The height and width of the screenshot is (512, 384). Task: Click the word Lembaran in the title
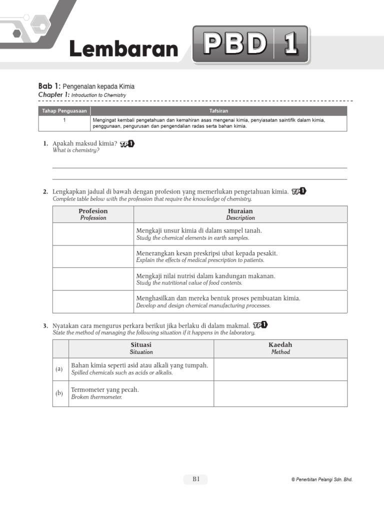coord(123,49)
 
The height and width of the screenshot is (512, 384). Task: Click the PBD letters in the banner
coord(234,45)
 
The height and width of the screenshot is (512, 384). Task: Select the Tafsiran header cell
coord(218,110)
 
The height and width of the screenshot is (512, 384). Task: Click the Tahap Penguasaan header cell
coord(64,110)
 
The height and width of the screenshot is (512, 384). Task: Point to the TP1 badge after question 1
coord(127,144)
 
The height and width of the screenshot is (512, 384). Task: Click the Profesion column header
coord(93,214)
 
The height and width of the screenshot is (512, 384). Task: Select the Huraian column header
coord(240,214)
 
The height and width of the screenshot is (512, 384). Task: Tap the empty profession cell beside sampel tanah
coord(93,233)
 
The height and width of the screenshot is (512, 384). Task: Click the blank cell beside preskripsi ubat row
coord(93,256)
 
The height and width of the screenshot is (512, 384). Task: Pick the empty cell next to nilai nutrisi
coord(93,278)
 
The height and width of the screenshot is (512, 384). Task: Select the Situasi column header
coord(141,348)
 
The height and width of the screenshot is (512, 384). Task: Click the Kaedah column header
coord(280,348)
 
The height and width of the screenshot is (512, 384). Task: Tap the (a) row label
coord(59,369)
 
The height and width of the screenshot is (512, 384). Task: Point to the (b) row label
coord(59,393)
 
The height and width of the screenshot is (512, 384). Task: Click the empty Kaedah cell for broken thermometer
coord(280,393)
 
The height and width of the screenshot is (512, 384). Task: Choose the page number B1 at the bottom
coord(195,479)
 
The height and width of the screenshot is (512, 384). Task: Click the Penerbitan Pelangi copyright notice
coord(321,479)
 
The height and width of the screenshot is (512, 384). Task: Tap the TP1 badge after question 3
coord(260,325)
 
